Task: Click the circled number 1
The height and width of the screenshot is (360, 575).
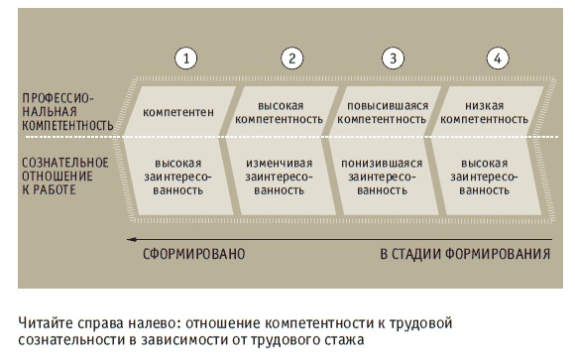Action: pos(185,58)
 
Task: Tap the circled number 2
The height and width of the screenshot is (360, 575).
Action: pos(290,58)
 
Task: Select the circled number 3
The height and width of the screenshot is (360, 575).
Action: pos(395,58)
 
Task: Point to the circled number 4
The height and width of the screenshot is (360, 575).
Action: pos(499,58)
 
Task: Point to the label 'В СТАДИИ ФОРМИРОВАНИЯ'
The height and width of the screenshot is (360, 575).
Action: pos(465,254)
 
